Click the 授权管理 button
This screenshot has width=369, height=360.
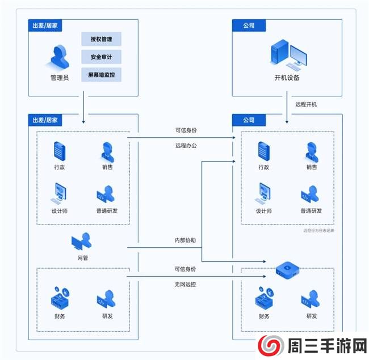click(102, 40)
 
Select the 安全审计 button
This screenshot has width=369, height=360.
click(102, 57)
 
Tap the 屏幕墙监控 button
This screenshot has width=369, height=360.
click(102, 75)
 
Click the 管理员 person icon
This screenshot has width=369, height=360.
click(60, 57)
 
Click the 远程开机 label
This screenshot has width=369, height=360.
click(306, 104)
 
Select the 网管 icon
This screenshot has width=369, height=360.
click(82, 242)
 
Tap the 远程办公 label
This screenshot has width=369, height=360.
click(186, 146)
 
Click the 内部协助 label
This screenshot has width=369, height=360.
click(185, 240)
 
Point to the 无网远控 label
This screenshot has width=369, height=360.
click(186, 284)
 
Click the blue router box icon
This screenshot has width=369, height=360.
click(288, 269)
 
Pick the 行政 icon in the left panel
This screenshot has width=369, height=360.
click(59, 150)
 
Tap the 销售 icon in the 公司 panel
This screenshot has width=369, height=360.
click(312, 151)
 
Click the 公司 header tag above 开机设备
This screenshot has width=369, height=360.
click(249, 26)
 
